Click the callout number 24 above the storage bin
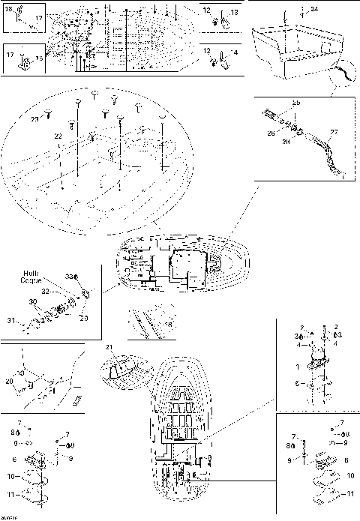pyautogui.click(x=313, y=8)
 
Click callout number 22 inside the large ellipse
pyautogui.click(x=57, y=136)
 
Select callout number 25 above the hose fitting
pyautogui.click(x=296, y=102)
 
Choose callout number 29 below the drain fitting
pyautogui.click(x=82, y=318)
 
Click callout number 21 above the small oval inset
pyautogui.click(x=108, y=347)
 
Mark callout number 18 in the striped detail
pyautogui.click(x=169, y=324)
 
